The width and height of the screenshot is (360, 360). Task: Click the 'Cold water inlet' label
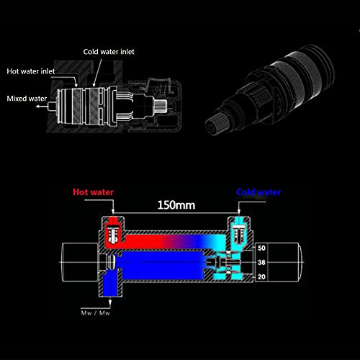click(x=109, y=52)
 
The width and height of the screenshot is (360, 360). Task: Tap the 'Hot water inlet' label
click(x=31, y=71)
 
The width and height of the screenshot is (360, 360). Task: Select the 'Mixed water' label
click(x=27, y=99)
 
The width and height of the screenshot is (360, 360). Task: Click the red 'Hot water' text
click(x=93, y=192)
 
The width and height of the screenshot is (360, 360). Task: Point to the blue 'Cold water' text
click(x=258, y=192)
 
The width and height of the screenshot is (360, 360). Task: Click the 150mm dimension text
click(x=176, y=205)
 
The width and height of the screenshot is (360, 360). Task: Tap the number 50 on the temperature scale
click(x=261, y=248)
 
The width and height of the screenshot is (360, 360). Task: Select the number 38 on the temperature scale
click(x=261, y=262)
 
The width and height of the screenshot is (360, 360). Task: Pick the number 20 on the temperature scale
click(x=261, y=277)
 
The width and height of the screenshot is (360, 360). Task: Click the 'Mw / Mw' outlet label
click(x=95, y=313)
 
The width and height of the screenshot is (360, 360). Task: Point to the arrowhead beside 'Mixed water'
click(x=38, y=106)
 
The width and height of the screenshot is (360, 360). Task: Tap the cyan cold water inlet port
click(x=239, y=230)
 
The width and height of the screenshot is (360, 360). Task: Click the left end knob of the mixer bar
click(x=80, y=262)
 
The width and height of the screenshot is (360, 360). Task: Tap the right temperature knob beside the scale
click(x=284, y=262)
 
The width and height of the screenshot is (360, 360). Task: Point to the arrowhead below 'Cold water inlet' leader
click(x=94, y=85)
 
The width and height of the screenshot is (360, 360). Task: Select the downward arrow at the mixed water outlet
click(x=110, y=302)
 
